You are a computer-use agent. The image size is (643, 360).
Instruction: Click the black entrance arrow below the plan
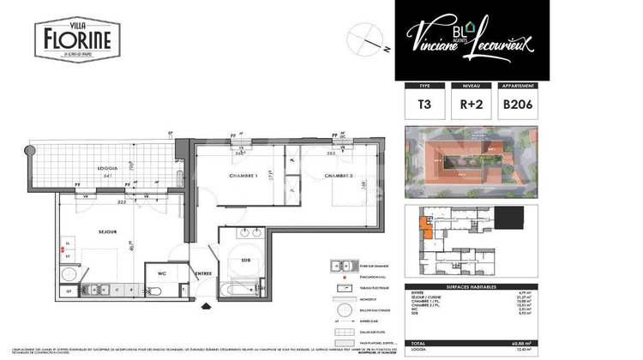click(x=203, y=305)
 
